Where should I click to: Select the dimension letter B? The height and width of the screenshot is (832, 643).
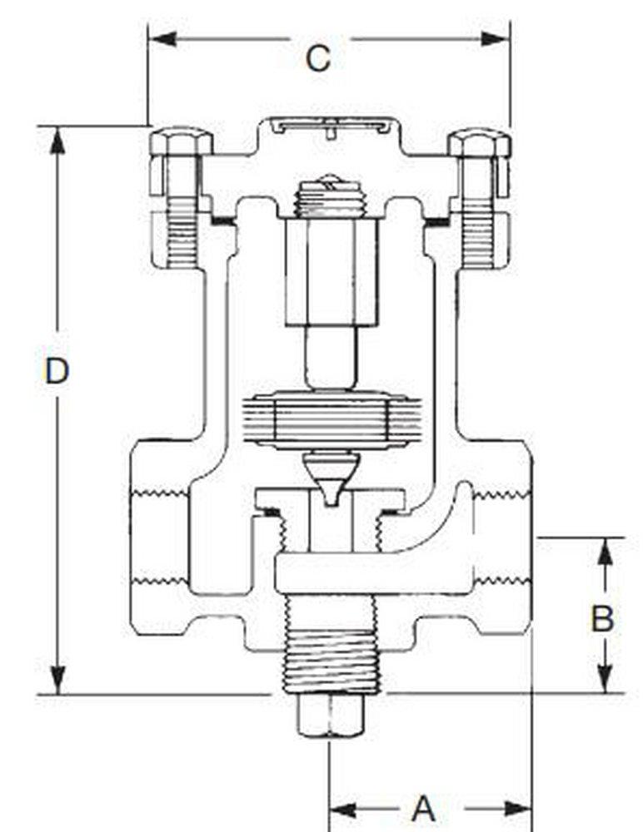602,619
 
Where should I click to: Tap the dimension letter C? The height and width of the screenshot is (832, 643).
317,58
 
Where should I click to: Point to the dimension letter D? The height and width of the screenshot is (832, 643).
56,371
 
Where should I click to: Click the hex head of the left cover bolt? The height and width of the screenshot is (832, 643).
181,142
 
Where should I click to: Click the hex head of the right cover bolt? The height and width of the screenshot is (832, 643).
479,142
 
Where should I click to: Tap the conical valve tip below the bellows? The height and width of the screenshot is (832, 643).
331,478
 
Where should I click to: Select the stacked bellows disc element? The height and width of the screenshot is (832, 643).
331,420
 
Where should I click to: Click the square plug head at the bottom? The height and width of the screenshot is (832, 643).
330,716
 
